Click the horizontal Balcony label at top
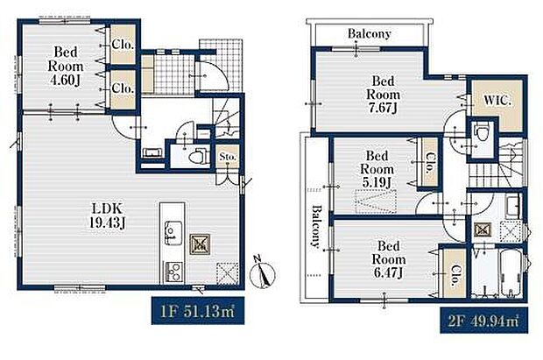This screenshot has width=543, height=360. [369, 34]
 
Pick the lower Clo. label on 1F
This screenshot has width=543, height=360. [122, 88]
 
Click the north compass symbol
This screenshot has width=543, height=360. [260, 275]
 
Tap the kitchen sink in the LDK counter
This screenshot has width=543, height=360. [169, 232]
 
